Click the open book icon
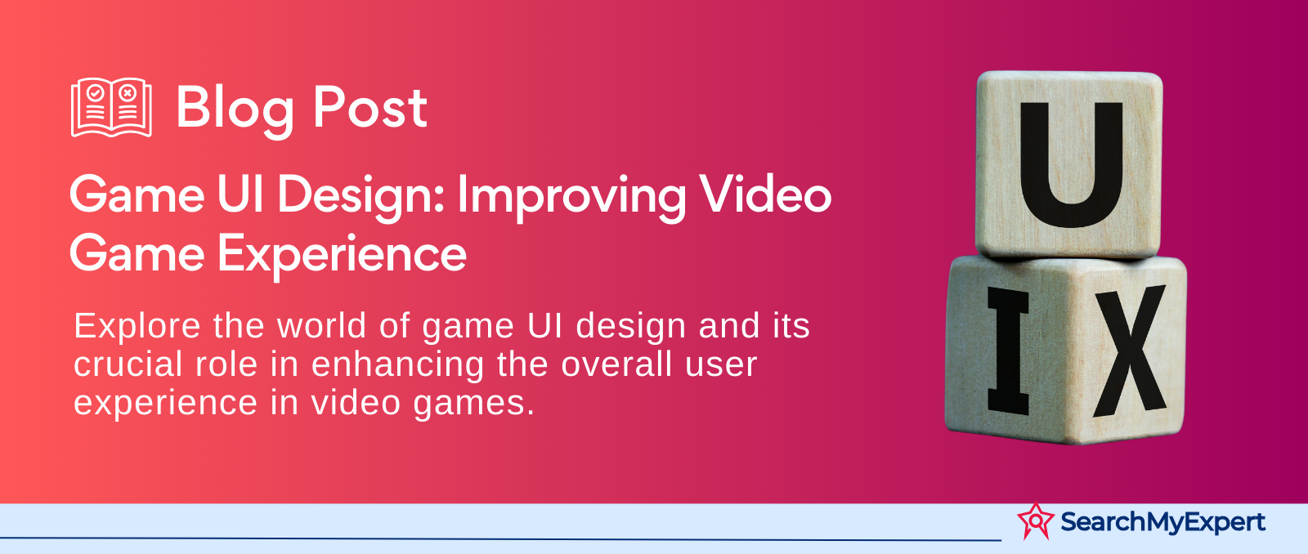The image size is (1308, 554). [x=111, y=107]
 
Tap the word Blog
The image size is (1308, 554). [x=235, y=109]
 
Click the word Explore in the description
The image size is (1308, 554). [x=137, y=327]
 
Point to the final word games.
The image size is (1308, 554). [x=473, y=404]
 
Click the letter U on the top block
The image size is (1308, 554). [x=1072, y=164]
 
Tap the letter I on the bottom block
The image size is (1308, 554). [x=1009, y=351]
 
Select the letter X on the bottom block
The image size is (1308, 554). [x=1130, y=351]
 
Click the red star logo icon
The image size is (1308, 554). [x=1036, y=520]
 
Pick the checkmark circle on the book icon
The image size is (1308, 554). [x=95, y=93]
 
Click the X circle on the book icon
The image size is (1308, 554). [x=128, y=93]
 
